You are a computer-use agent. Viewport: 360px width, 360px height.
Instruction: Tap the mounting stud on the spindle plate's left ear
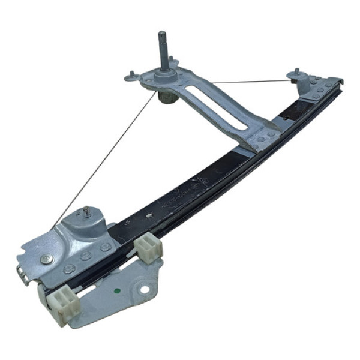tap(131, 74)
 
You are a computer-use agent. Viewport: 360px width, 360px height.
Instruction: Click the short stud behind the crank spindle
tap(172, 59)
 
